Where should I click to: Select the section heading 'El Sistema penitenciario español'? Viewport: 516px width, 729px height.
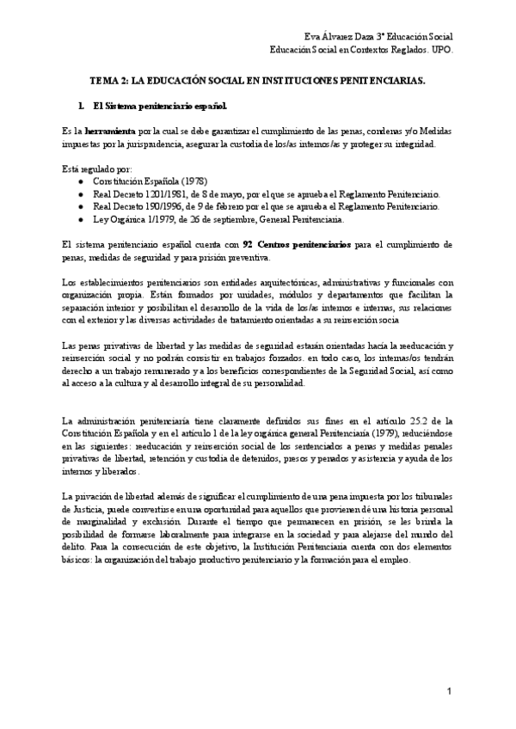coord(159,107)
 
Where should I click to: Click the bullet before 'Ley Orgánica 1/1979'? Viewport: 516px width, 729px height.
coord(80,220)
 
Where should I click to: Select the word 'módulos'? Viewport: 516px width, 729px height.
coord(215,295)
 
